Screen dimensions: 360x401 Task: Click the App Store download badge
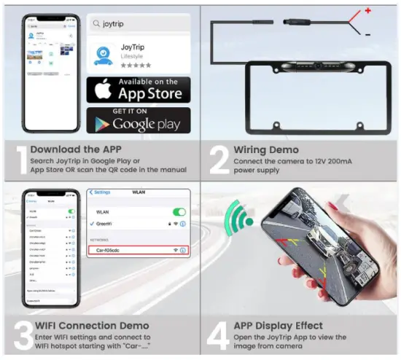pyautogui.click(x=139, y=89)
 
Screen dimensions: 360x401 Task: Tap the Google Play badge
pyautogui.click(x=139, y=120)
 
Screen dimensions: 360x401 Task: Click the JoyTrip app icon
pyautogui.click(x=107, y=54)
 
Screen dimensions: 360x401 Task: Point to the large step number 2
pyautogui.click(x=219, y=161)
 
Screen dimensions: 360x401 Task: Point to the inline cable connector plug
pyautogui.click(x=297, y=24)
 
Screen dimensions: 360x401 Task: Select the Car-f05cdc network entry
pyautogui.click(x=139, y=250)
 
